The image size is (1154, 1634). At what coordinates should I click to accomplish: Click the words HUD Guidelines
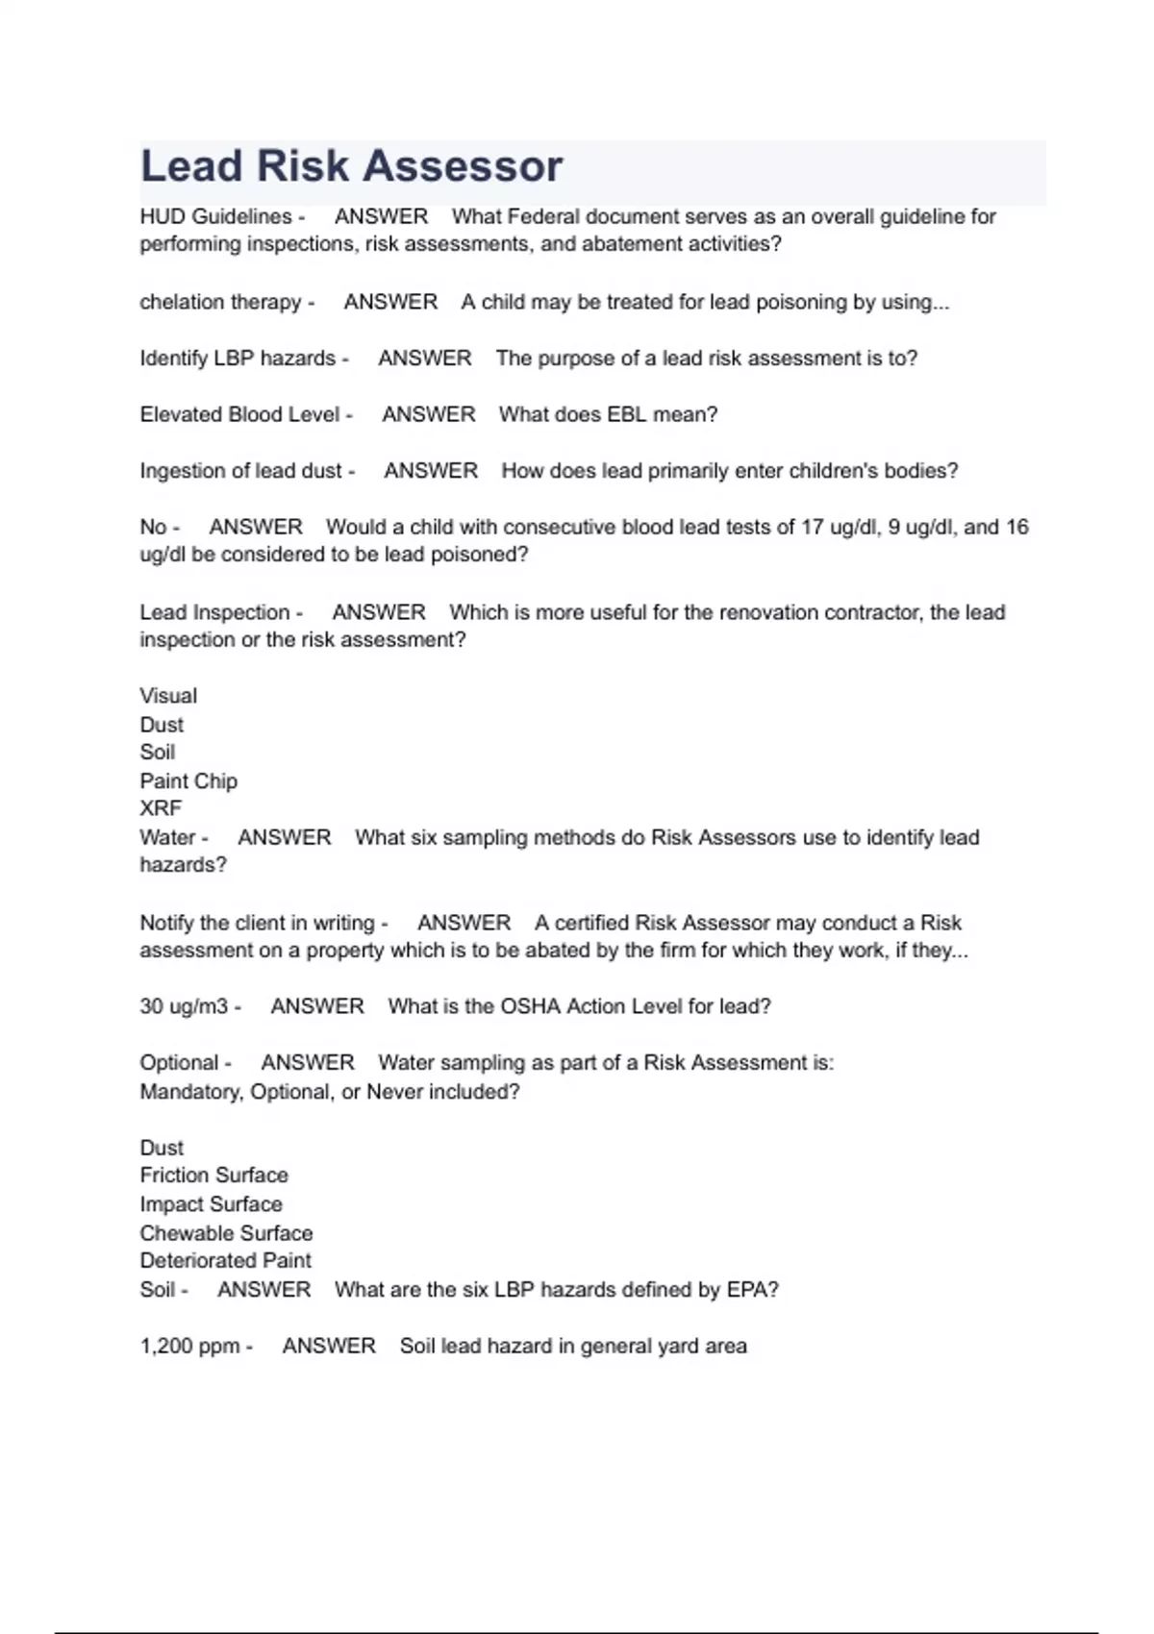pyautogui.click(x=215, y=217)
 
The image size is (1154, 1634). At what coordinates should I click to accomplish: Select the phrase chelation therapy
pyautogui.click(x=220, y=302)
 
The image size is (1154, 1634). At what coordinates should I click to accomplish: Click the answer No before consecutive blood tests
pyautogui.click(x=153, y=527)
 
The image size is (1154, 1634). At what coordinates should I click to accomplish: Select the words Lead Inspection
pyautogui.click(x=214, y=612)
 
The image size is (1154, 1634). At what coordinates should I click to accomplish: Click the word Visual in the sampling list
pyautogui.click(x=168, y=696)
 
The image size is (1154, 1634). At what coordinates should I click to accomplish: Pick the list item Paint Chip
pyautogui.click(x=188, y=780)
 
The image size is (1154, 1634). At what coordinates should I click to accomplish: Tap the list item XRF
pyautogui.click(x=161, y=808)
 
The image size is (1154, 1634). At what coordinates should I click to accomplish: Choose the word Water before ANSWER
pyautogui.click(x=167, y=837)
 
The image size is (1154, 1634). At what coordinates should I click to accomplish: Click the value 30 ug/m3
pyautogui.click(x=184, y=1006)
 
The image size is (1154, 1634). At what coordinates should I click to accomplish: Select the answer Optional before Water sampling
pyautogui.click(x=179, y=1063)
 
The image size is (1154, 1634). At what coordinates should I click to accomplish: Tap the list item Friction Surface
pyautogui.click(x=213, y=1176)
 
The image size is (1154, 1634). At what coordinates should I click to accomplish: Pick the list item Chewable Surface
pyautogui.click(x=226, y=1233)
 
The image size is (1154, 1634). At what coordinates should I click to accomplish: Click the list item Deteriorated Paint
pyautogui.click(x=225, y=1261)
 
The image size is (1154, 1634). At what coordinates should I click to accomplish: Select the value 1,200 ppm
pyautogui.click(x=189, y=1346)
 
